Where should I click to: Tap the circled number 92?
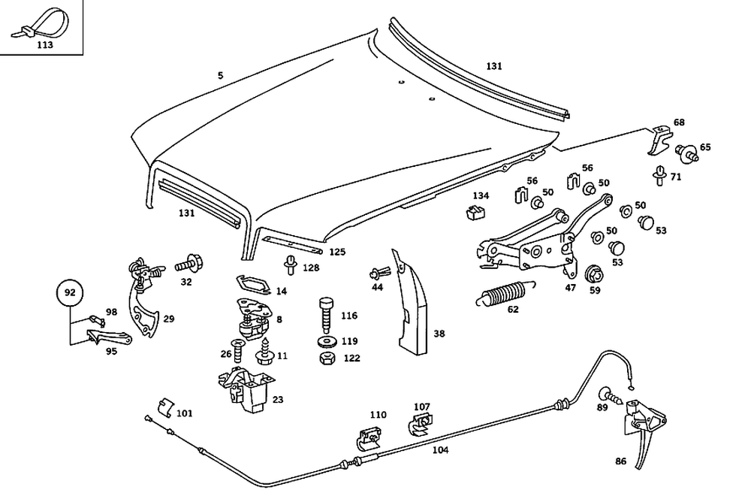(69, 293)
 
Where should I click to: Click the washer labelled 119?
(327, 342)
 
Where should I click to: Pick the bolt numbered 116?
(326, 313)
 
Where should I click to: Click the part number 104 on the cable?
(440, 450)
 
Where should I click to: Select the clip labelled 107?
(421, 425)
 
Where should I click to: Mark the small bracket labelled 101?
(164, 408)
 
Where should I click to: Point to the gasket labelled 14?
(252, 284)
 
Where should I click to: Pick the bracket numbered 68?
(659, 139)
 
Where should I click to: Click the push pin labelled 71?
(659, 175)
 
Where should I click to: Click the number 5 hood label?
(221, 76)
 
